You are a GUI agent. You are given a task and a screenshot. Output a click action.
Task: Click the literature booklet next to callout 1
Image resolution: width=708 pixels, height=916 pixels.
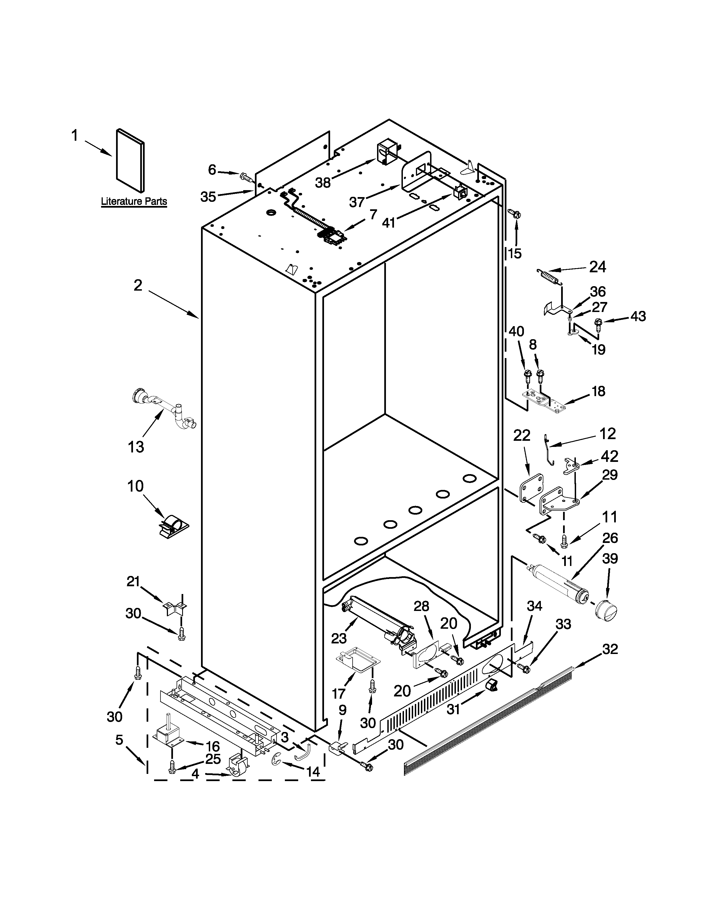click(130, 160)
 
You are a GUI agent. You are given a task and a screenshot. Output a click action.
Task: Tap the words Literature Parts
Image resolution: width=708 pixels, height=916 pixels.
click(134, 202)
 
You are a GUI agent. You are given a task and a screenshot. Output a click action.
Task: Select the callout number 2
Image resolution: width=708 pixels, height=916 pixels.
click(138, 286)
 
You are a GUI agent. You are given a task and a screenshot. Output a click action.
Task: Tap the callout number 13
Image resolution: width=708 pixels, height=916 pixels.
click(136, 447)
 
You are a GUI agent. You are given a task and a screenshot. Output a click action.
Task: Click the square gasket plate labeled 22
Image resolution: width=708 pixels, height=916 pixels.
click(532, 487)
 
